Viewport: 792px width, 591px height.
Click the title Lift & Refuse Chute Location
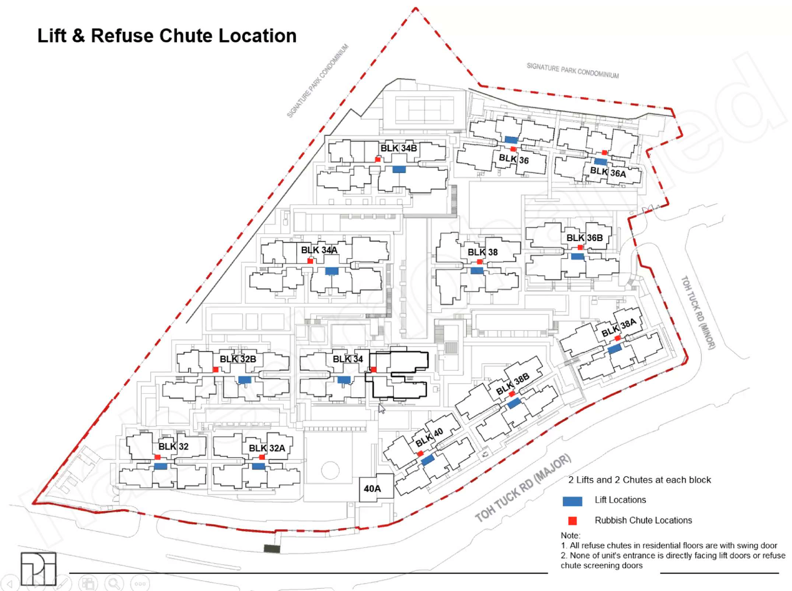167,36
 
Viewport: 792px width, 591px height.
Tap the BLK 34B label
398,148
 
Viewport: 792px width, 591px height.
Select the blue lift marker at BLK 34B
399,169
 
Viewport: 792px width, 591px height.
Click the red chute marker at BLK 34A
310,261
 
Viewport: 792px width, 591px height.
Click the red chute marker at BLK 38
480,262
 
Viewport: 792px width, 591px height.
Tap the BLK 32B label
238,359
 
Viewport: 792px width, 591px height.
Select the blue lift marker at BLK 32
161,466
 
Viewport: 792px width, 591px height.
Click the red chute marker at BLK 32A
262,457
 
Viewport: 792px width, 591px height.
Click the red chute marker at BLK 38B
512,394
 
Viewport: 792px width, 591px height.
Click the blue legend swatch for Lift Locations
572,501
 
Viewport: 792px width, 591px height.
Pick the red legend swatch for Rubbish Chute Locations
572,521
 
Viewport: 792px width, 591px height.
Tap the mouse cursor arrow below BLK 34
382,409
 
